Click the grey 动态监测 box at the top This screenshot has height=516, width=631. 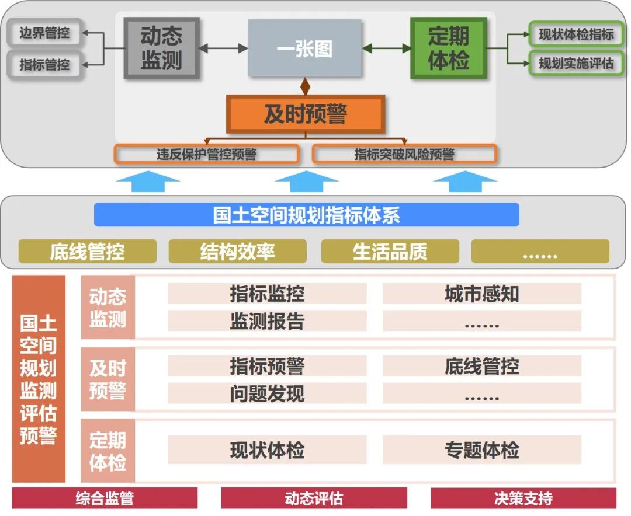[161, 48]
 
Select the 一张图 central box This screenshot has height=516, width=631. [304, 48]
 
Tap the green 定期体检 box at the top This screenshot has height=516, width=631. [448, 48]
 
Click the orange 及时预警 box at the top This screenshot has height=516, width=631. [305, 114]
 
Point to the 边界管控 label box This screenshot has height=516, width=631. [44, 33]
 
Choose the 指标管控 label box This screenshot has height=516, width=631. [44, 65]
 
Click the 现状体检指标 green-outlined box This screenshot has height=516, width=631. [575, 34]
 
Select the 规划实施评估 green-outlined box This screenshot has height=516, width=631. [575, 64]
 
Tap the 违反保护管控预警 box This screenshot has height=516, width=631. [206, 154]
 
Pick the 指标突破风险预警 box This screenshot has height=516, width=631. [404, 154]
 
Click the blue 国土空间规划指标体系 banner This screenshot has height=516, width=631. [306, 215]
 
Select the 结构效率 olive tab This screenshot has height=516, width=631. [237, 252]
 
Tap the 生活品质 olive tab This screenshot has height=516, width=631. [390, 252]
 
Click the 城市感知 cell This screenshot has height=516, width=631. [481, 294]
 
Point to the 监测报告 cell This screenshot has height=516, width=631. [267, 321]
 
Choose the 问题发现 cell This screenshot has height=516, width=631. [267, 393]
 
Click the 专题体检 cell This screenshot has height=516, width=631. [481, 450]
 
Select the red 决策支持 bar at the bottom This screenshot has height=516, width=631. [523, 498]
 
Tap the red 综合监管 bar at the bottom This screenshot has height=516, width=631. [105, 498]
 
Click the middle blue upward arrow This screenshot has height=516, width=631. [306, 182]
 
